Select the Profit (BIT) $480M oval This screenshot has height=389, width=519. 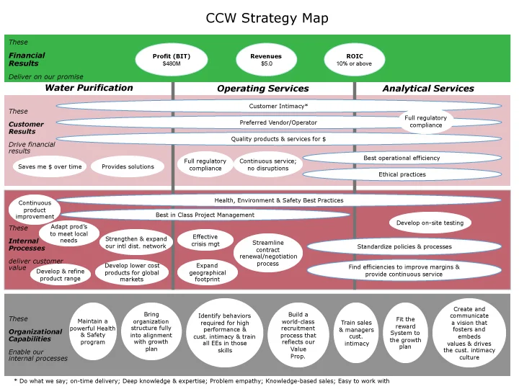[x=172, y=59]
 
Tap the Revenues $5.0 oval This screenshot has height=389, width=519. [x=266, y=59]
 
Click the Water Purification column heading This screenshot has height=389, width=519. [x=89, y=88]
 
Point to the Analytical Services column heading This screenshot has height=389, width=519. [x=428, y=89]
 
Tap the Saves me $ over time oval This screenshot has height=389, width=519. [x=48, y=166]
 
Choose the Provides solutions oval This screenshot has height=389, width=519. [x=128, y=166]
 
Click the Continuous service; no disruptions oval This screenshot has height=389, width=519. [x=268, y=165]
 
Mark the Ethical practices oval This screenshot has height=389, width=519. [x=402, y=174]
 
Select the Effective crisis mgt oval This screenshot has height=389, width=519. [x=205, y=241]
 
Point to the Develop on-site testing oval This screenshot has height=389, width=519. [x=430, y=223]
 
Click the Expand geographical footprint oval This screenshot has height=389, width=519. [x=207, y=273]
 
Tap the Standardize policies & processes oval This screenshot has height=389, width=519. [x=404, y=246]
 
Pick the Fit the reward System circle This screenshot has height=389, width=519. [x=405, y=332]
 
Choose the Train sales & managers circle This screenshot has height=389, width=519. [x=356, y=333]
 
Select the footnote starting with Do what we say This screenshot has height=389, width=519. [x=202, y=381]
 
